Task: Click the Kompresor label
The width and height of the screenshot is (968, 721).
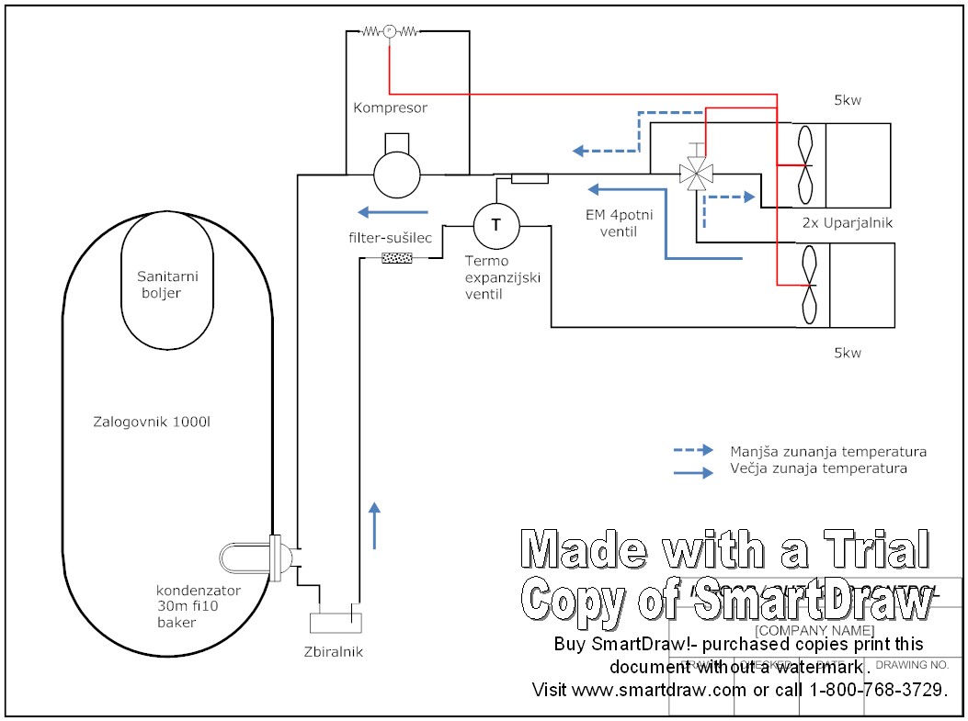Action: [x=390, y=108]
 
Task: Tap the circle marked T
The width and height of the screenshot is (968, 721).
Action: [x=495, y=223]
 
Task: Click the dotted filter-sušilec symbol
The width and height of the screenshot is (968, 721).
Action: [x=397, y=258]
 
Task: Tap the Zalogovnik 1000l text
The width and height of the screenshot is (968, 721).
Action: [x=159, y=423]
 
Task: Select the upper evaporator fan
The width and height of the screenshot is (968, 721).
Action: [x=805, y=164]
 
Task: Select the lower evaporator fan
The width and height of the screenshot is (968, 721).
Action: [x=807, y=285]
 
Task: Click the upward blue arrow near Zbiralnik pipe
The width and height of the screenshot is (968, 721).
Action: [x=374, y=525]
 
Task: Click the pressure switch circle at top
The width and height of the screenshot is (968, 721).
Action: [x=389, y=31]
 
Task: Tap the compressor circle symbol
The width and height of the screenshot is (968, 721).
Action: [x=397, y=174]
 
